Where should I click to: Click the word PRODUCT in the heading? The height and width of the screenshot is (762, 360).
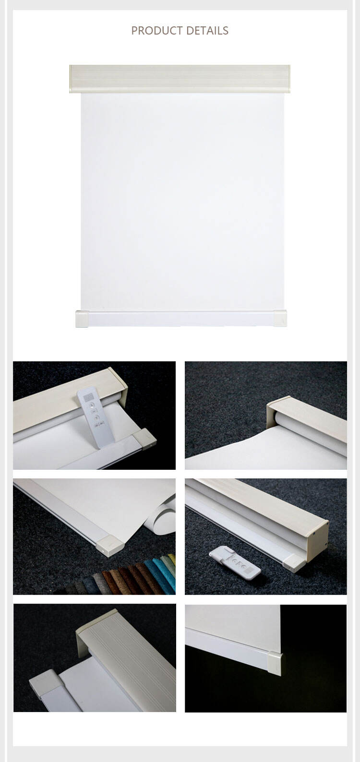pyautogui.click(x=157, y=31)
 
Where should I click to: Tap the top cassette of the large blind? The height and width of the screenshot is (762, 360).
pyautogui.click(x=180, y=79)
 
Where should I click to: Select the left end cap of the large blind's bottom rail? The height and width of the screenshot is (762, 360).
pyautogui.click(x=82, y=319)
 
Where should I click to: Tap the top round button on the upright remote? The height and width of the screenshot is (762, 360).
pyautogui.click(x=92, y=405)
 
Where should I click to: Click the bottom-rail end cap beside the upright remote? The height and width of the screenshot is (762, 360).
pyautogui.click(x=145, y=439)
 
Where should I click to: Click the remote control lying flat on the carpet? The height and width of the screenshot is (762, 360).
pyautogui.click(x=235, y=562)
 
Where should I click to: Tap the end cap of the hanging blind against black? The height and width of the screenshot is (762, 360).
pyautogui.click(x=274, y=663)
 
